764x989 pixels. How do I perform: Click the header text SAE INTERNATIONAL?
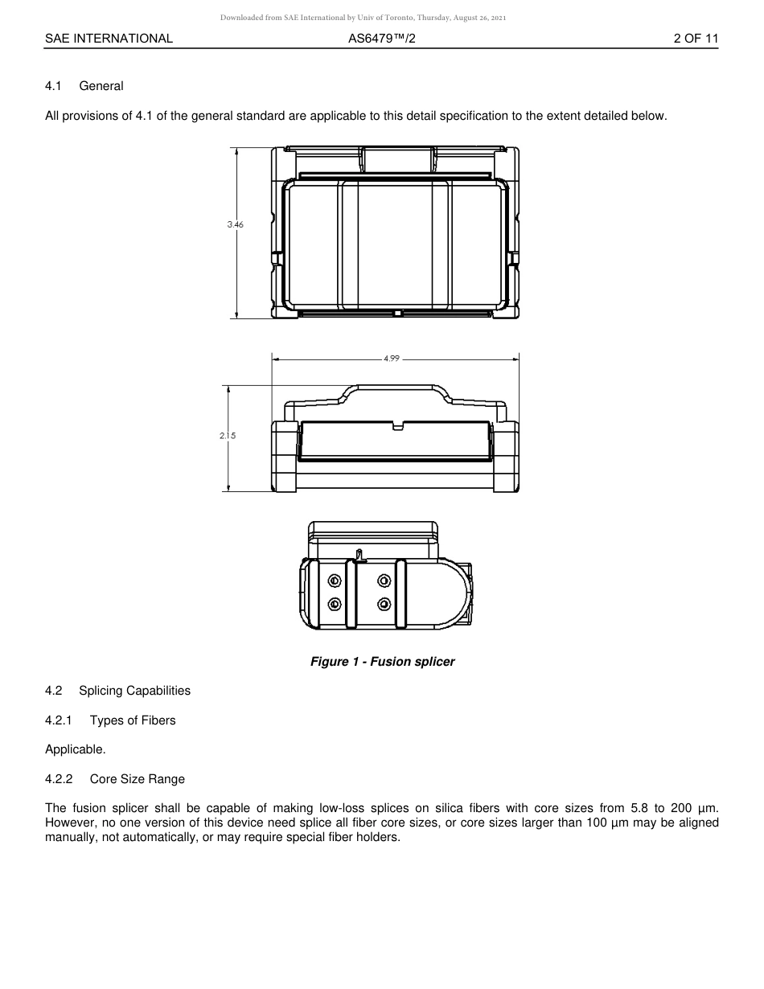click(x=109, y=39)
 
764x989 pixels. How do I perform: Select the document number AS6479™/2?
click(x=382, y=39)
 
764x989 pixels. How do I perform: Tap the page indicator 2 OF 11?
click(x=696, y=39)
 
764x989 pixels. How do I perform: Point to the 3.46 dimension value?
click(x=235, y=225)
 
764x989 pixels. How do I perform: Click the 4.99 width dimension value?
click(x=391, y=359)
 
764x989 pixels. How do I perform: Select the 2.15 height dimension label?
click(x=228, y=436)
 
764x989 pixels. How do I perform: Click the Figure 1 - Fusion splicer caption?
click(x=383, y=662)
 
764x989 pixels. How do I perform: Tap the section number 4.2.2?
click(x=59, y=779)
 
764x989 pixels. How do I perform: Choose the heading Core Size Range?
click(x=138, y=779)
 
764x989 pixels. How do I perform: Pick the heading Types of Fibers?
click(x=133, y=720)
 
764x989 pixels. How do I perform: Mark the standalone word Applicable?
click(x=76, y=749)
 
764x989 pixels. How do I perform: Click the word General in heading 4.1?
click(x=101, y=86)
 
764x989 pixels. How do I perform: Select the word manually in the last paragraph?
click(x=72, y=837)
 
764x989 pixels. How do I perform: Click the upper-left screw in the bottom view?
click(x=335, y=581)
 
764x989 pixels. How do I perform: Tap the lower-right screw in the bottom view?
click(x=384, y=604)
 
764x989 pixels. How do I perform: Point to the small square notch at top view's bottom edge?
click(x=397, y=314)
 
